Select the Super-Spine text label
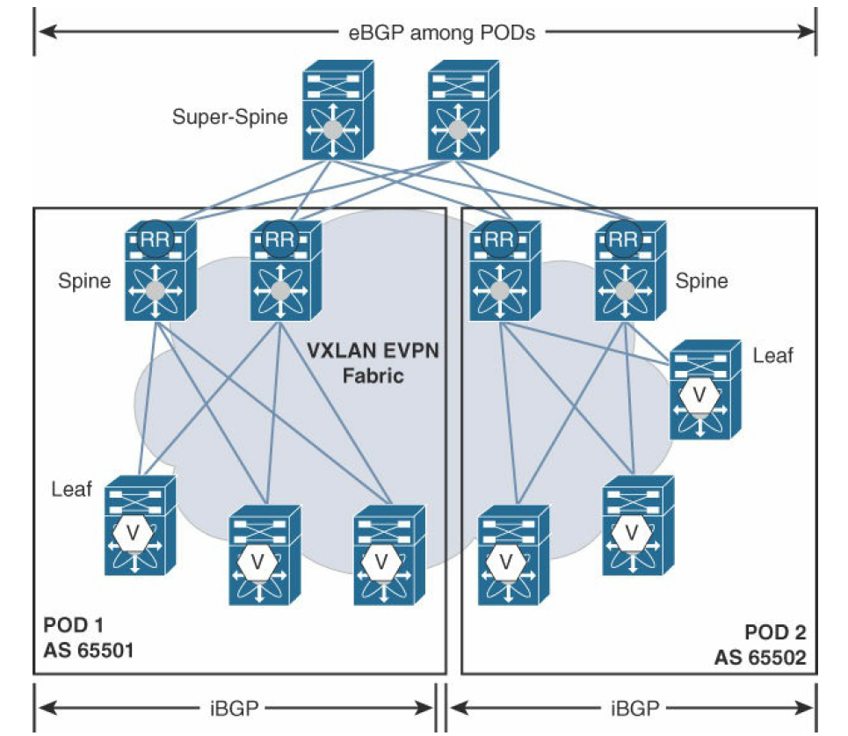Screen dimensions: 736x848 tap(230, 116)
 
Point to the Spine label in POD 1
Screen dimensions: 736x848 tap(85, 281)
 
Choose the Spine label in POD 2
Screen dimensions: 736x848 tap(701, 281)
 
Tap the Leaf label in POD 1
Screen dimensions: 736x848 tap(72, 489)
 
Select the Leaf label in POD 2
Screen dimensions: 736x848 tap(772, 354)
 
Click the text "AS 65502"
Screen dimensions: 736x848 tap(760, 656)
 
